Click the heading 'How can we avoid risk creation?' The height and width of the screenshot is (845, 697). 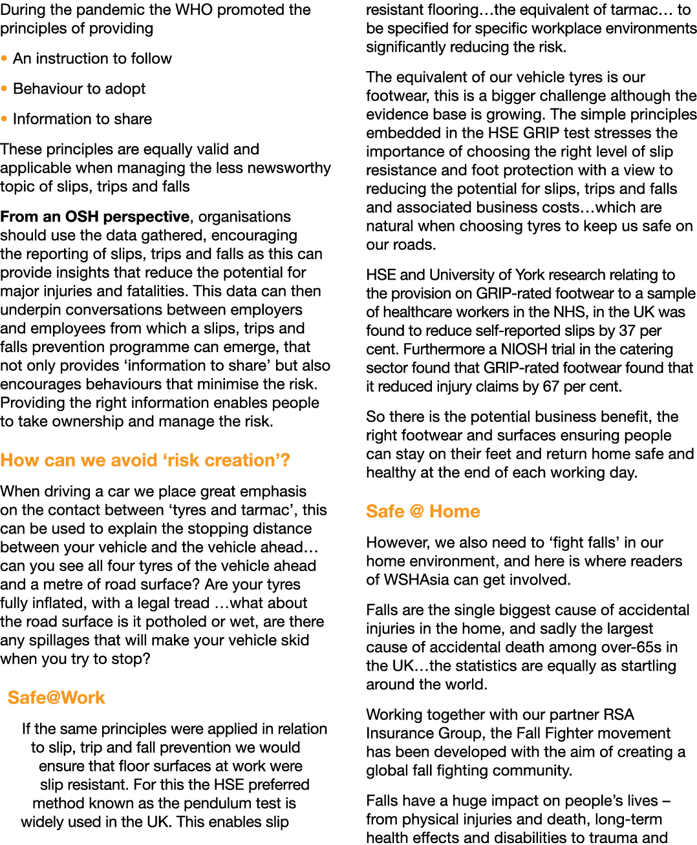145,460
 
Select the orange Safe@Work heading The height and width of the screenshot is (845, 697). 56,698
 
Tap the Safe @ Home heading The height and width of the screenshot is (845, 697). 423,511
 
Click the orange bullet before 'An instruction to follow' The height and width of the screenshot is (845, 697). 5,58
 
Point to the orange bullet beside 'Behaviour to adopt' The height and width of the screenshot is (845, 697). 5,89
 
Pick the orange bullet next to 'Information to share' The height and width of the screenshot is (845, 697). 5,119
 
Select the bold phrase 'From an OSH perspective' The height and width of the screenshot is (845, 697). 95,216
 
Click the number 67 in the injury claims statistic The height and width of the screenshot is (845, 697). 541,386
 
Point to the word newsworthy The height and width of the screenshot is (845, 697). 285,168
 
